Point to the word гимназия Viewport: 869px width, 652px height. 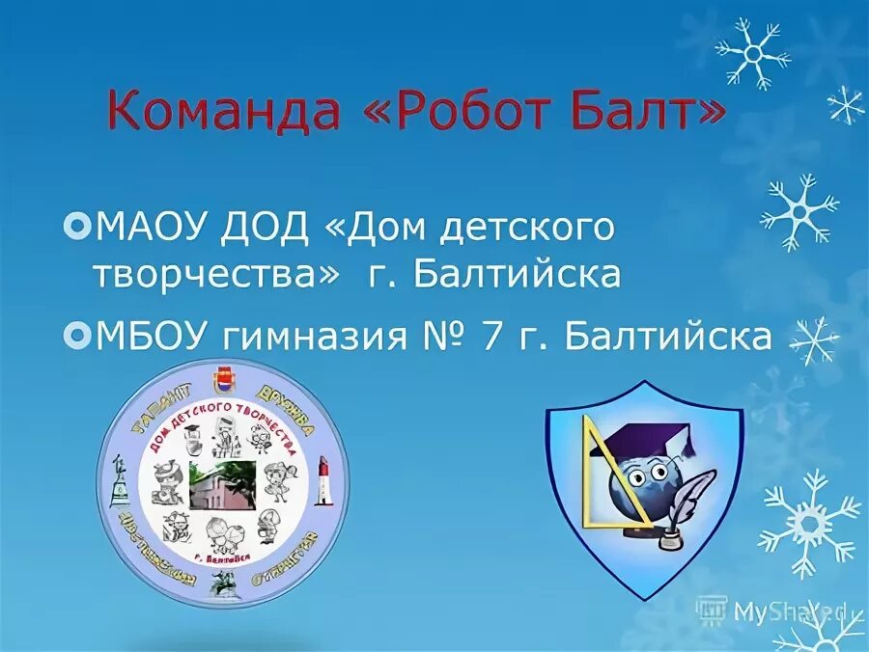tap(325, 337)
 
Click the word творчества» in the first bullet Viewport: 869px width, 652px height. tap(217, 275)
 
